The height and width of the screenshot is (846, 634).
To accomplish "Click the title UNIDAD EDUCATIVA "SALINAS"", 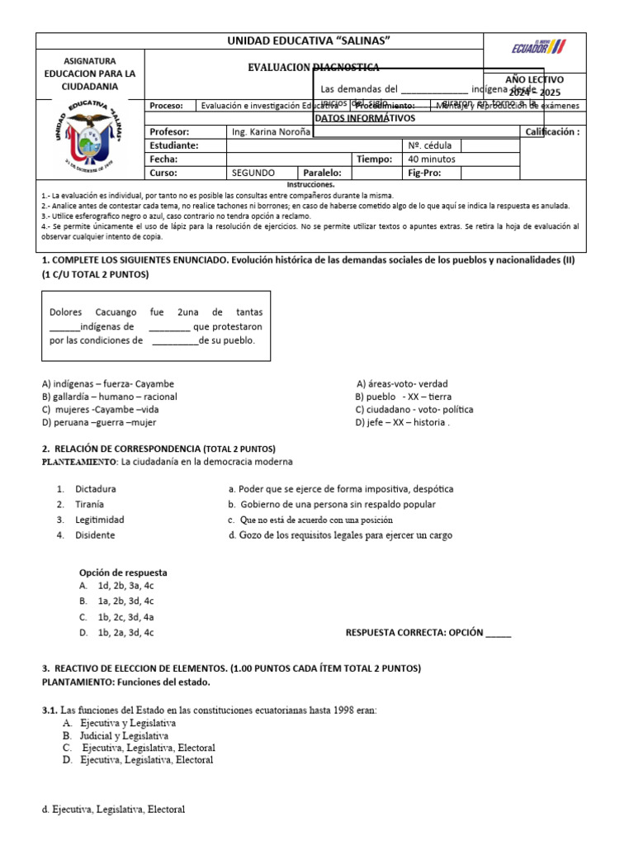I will click(309, 41).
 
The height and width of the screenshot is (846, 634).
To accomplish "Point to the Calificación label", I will click(552, 132).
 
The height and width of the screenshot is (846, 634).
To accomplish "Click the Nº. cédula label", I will click(428, 145).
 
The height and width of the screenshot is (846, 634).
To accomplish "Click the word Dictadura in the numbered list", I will click(95, 489).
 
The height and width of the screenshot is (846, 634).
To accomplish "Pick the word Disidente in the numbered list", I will click(95, 535).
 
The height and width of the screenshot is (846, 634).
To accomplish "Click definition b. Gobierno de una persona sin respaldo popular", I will click(332, 505).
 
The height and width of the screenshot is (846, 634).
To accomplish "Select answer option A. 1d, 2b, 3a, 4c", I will click(116, 586).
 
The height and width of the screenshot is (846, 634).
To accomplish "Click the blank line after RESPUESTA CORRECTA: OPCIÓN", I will click(498, 634).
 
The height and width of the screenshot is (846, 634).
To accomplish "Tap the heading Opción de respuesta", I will click(123, 573).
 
